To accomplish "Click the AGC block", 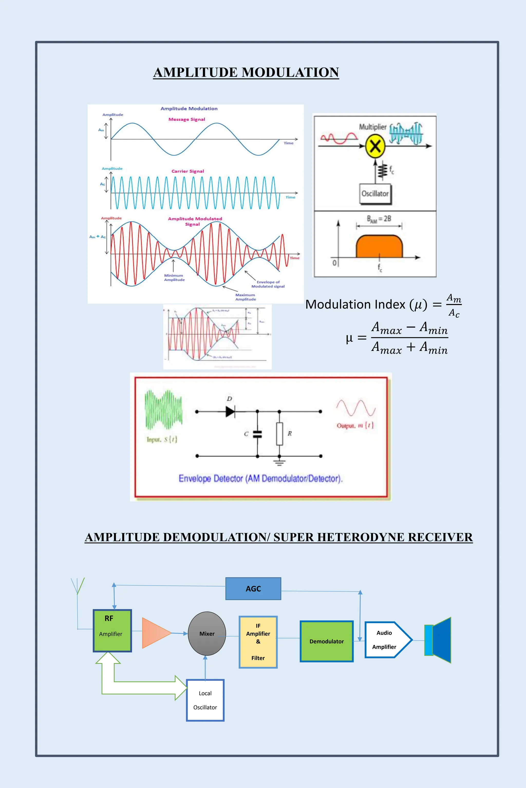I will point(253,589).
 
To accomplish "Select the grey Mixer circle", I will point(207,634).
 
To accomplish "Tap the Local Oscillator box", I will point(205,700).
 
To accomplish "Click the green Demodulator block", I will point(326,641).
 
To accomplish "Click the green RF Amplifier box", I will point(112,631).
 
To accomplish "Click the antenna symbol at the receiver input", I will point(78,586).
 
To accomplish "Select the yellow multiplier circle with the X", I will point(375,146).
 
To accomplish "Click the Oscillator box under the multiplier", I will point(375,194).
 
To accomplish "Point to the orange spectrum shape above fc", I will point(379,246).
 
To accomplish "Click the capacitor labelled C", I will point(257,434).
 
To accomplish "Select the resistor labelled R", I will point(279,434).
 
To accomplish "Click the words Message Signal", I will point(186,119).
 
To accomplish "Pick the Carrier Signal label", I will point(187,171).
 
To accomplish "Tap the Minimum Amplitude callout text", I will point(174,277).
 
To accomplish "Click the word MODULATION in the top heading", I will point(290,72).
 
